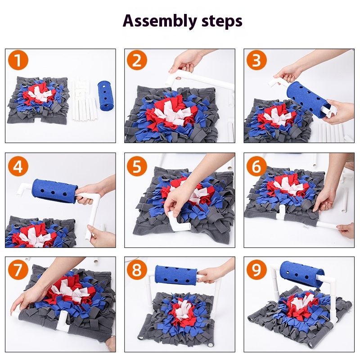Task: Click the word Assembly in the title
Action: click(x=160, y=21)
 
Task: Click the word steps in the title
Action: click(x=222, y=21)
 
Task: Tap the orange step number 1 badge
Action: click(x=18, y=60)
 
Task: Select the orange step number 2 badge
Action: click(x=137, y=60)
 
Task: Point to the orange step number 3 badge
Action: click(x=256, y=60)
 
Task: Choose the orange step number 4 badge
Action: click(x=18, y=166)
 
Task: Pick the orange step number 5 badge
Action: click(x=137, y=166)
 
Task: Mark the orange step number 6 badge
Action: click(x=256, y=166)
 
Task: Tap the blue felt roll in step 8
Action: click(x=175, y=275)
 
